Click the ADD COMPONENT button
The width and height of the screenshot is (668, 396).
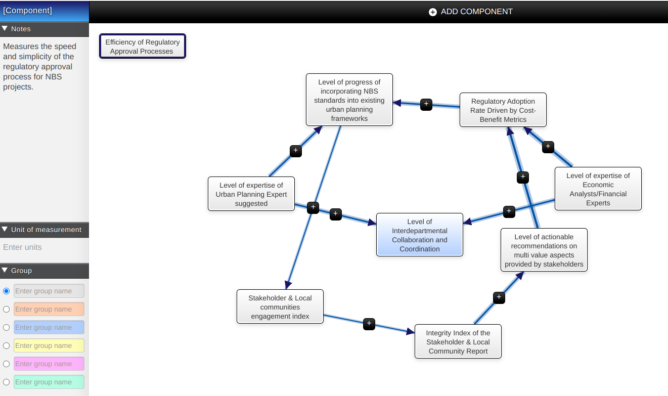pyautogui.click(x=470, y=12)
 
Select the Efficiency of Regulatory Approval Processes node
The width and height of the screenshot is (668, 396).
pyautogui.click(x=143, y=47)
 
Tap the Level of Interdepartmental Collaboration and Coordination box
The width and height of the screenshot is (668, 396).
pyautogui.click(x=420, y=235)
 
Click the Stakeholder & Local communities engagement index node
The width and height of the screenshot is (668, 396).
pyautogui.click(x=280, y=307)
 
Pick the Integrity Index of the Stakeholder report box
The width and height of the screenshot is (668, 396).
pyautogui.click(x=458, y=342)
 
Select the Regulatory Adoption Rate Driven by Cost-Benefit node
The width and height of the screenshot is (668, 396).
pyautogui.click(x=503, y=110)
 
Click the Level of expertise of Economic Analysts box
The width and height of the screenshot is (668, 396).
pyautogui.click(x=598, y=189)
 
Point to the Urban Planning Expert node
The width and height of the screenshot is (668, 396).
pyautogui.click(x=251, y=194)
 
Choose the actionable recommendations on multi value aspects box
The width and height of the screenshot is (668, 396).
pyautogui.click(x=544, y=250)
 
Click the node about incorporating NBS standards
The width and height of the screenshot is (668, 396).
pyautogui.click(x=349, y=100)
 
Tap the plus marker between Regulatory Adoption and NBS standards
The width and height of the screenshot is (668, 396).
pyautogui.click(x=426, y=105)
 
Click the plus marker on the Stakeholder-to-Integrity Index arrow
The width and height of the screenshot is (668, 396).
pyautogui.click(x=369, y=324)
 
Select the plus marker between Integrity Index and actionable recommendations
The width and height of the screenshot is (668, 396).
pyautogui.click(x=499, y=297)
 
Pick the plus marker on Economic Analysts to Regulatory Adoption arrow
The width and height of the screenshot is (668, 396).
pyautogui.click(x=548, y=147)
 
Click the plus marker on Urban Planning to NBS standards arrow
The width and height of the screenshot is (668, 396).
pyautogui.click(x=296, y=151)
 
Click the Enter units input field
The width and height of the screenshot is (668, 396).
pyautogui.click(x=44, y=247)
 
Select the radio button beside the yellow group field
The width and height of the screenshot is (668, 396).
pyautogui.click(x=7, y=346)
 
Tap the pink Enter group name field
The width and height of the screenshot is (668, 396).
pyautogui.click(x=49, y=364)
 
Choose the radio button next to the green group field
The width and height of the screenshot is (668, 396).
pyautogui.click(x=7, y=382)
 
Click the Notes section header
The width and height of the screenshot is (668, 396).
pyautogui.click(x=44, y=29)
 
